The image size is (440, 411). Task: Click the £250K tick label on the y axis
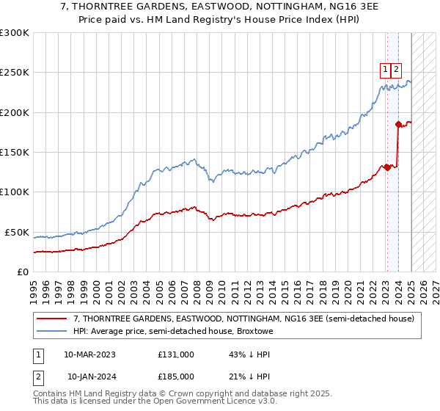15,73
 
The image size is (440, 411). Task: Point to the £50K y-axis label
17,232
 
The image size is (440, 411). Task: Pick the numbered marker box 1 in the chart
385,70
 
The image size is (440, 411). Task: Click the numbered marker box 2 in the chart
396,70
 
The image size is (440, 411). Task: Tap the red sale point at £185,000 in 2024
398,124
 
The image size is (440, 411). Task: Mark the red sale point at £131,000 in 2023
387,167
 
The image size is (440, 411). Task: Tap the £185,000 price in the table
176,377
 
